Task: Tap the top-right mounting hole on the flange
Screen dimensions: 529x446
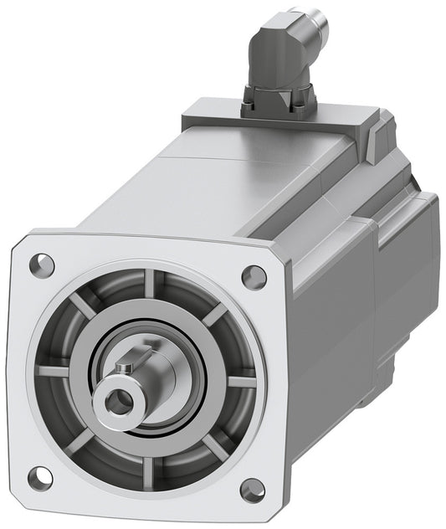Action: tap(254, 276)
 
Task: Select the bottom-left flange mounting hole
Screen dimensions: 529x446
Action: tap(39, 478)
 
